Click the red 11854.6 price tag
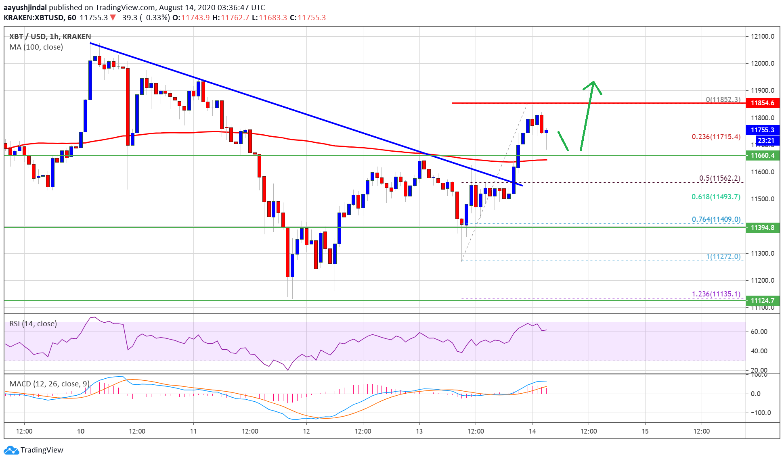[x=762, y=103]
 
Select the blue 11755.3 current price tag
[x=762, y=130]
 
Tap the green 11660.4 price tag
[x=762, y=155]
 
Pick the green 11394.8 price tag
[x=762, y=227]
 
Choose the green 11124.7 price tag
[x=762, y=300]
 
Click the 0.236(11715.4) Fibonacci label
[x=716, y=137]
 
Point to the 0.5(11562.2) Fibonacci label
[x=719, y=178]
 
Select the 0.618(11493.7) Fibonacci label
[x=716, y=197]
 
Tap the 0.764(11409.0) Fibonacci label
[x=716, y=219]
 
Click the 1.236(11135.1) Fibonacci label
[x=716, y=294]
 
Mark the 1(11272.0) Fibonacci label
[x=723, y=257]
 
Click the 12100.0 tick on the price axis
[x=762, y=36]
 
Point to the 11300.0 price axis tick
[x=762, y=253]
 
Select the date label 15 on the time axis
[x=645, y=431]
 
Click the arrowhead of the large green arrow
[x=593, y=83]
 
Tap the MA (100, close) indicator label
[x=36, y=47]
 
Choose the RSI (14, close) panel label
[x=33, y=324]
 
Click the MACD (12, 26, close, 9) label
[x=49, y=384]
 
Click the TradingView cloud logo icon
[x=11, y=450]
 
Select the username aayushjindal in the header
[x=25, y=7]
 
